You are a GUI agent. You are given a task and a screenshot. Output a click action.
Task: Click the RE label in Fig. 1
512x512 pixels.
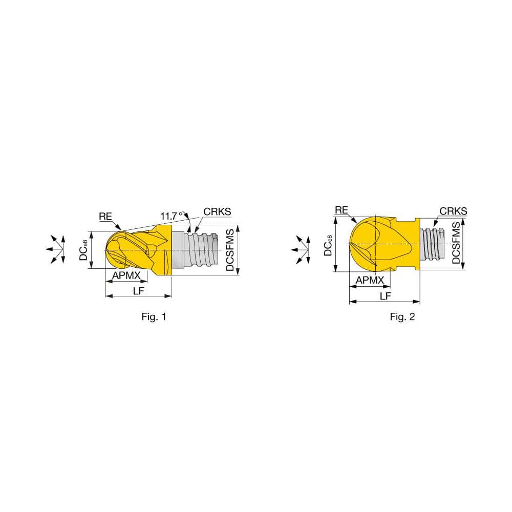click(x=105, y=217)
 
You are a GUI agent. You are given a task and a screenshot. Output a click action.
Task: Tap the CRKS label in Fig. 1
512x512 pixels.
click(x=217, y=211)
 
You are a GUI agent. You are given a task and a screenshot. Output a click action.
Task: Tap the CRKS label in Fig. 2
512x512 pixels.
click(x=453, y=211)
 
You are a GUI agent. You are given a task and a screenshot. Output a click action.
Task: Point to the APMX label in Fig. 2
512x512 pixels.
click(x=370, y=280)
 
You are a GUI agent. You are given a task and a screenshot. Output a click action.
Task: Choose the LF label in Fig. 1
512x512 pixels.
click(x=138, y=290)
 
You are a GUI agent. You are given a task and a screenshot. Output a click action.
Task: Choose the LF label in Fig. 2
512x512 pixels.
click(x=385, y=296)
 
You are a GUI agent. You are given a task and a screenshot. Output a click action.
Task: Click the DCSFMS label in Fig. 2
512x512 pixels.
click(x=456, y=244)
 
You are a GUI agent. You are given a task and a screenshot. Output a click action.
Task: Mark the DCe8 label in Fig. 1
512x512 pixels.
click(x=84, y=250)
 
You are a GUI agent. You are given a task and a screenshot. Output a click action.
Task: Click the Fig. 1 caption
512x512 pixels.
click(x=154, y=317)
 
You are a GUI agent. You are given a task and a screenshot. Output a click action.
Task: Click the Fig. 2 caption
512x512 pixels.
click(x=402, y=317)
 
